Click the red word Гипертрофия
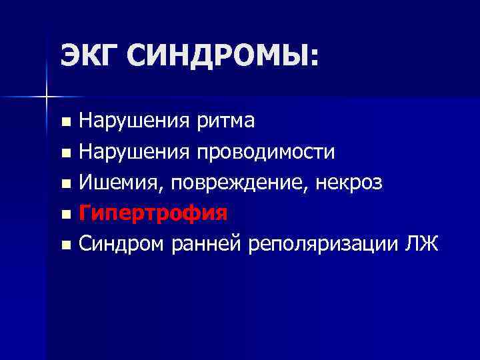153,213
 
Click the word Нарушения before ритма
133,121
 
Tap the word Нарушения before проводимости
133,152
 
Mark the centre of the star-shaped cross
46,97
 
